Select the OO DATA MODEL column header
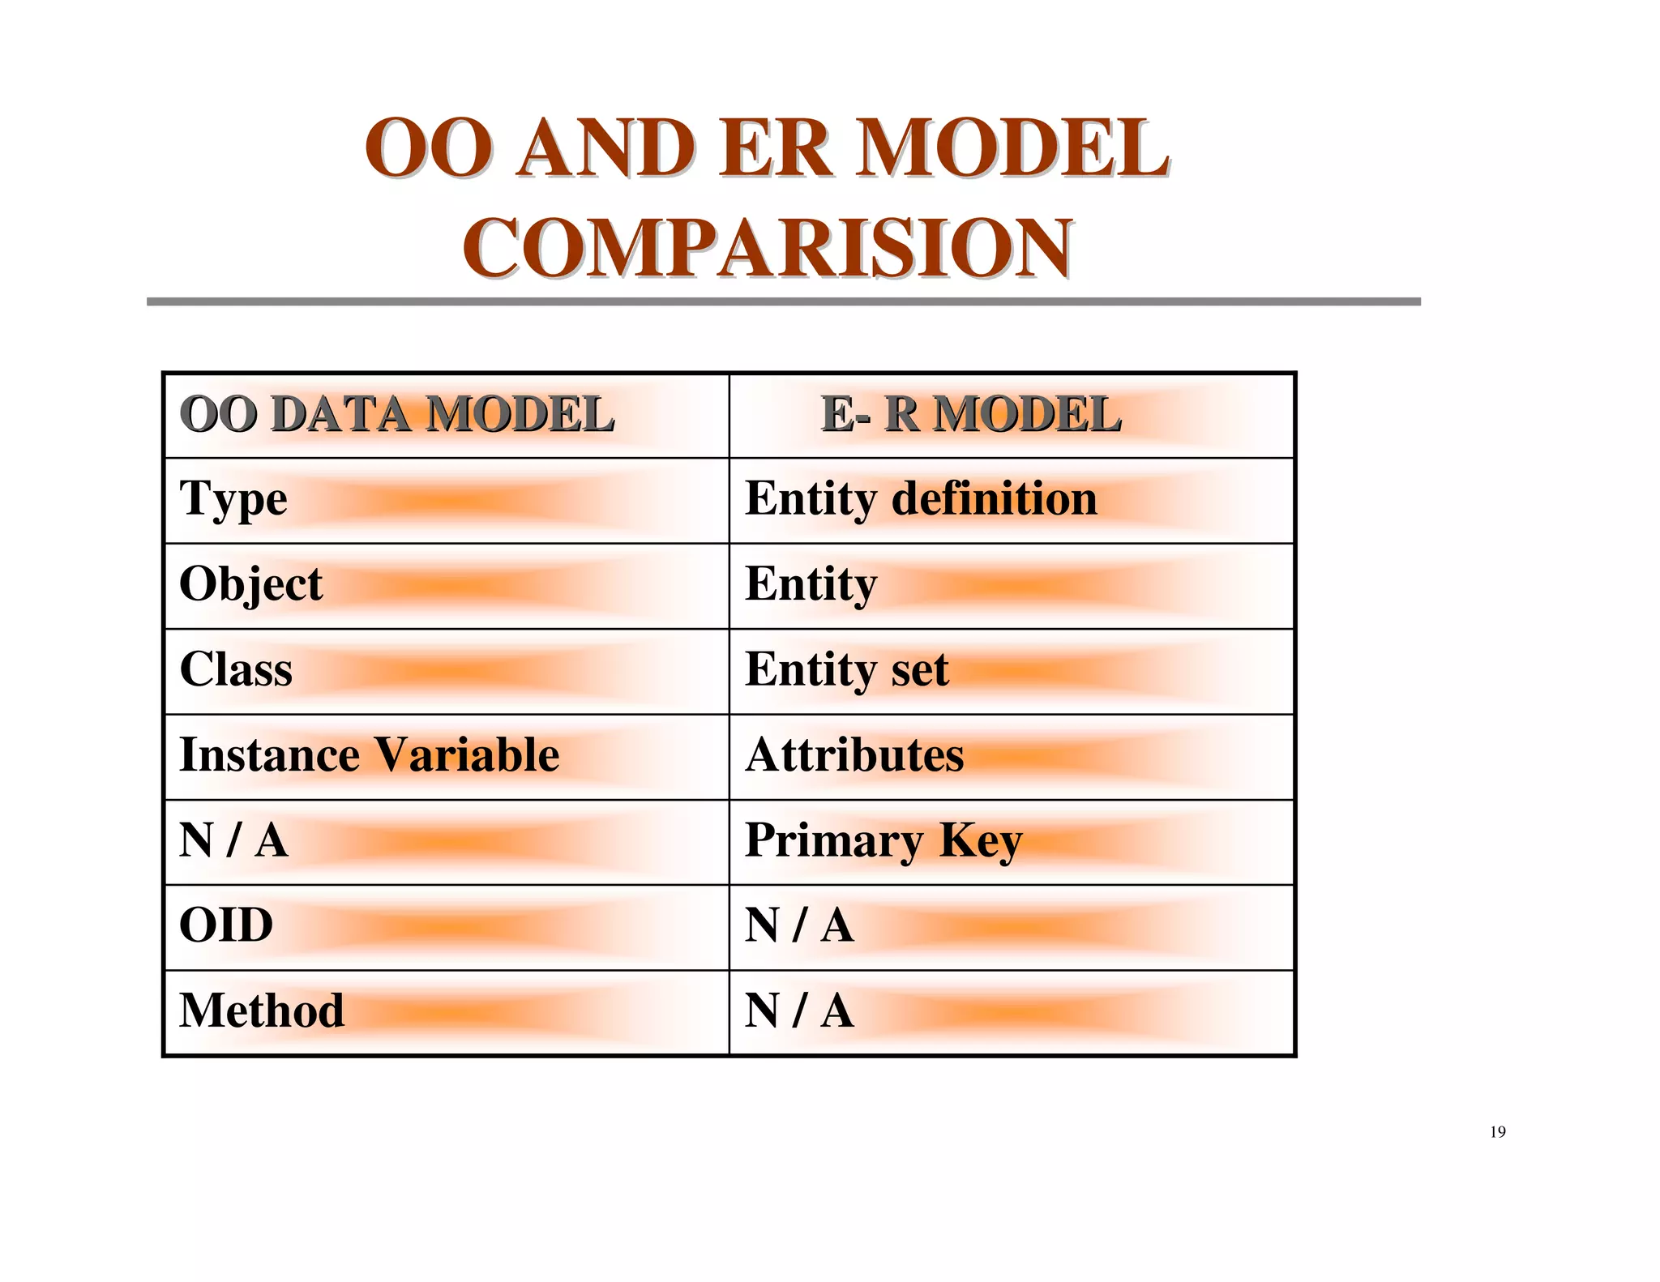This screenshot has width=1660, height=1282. [x=396, y=415]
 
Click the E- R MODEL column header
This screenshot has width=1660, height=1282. [x=971, y=415]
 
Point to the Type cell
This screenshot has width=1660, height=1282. [x=233, y=499]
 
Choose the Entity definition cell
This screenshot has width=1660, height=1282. [x=921, y=498]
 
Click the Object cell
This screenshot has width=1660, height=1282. [x=250, y=585]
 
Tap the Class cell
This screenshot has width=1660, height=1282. [x=236, y=670]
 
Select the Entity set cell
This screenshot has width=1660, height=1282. [x=846, y=670]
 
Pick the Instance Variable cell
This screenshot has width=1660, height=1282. [x=369, y=755]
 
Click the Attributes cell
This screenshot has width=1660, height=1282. [x=854, y=755]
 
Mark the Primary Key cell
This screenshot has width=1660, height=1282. [x=883, y=840]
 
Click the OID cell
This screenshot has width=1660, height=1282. [x=226, y=925]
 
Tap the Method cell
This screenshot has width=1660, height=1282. [x=262, y=1011]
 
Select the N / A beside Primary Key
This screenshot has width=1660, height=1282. [x=233, y=840]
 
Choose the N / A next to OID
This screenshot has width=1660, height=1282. [x=799, y=925]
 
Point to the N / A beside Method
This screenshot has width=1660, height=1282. [x=799, y=1011]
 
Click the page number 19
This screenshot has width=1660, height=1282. [x=1497, y=1132]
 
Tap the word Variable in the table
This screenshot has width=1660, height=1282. [x=467, y=755]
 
